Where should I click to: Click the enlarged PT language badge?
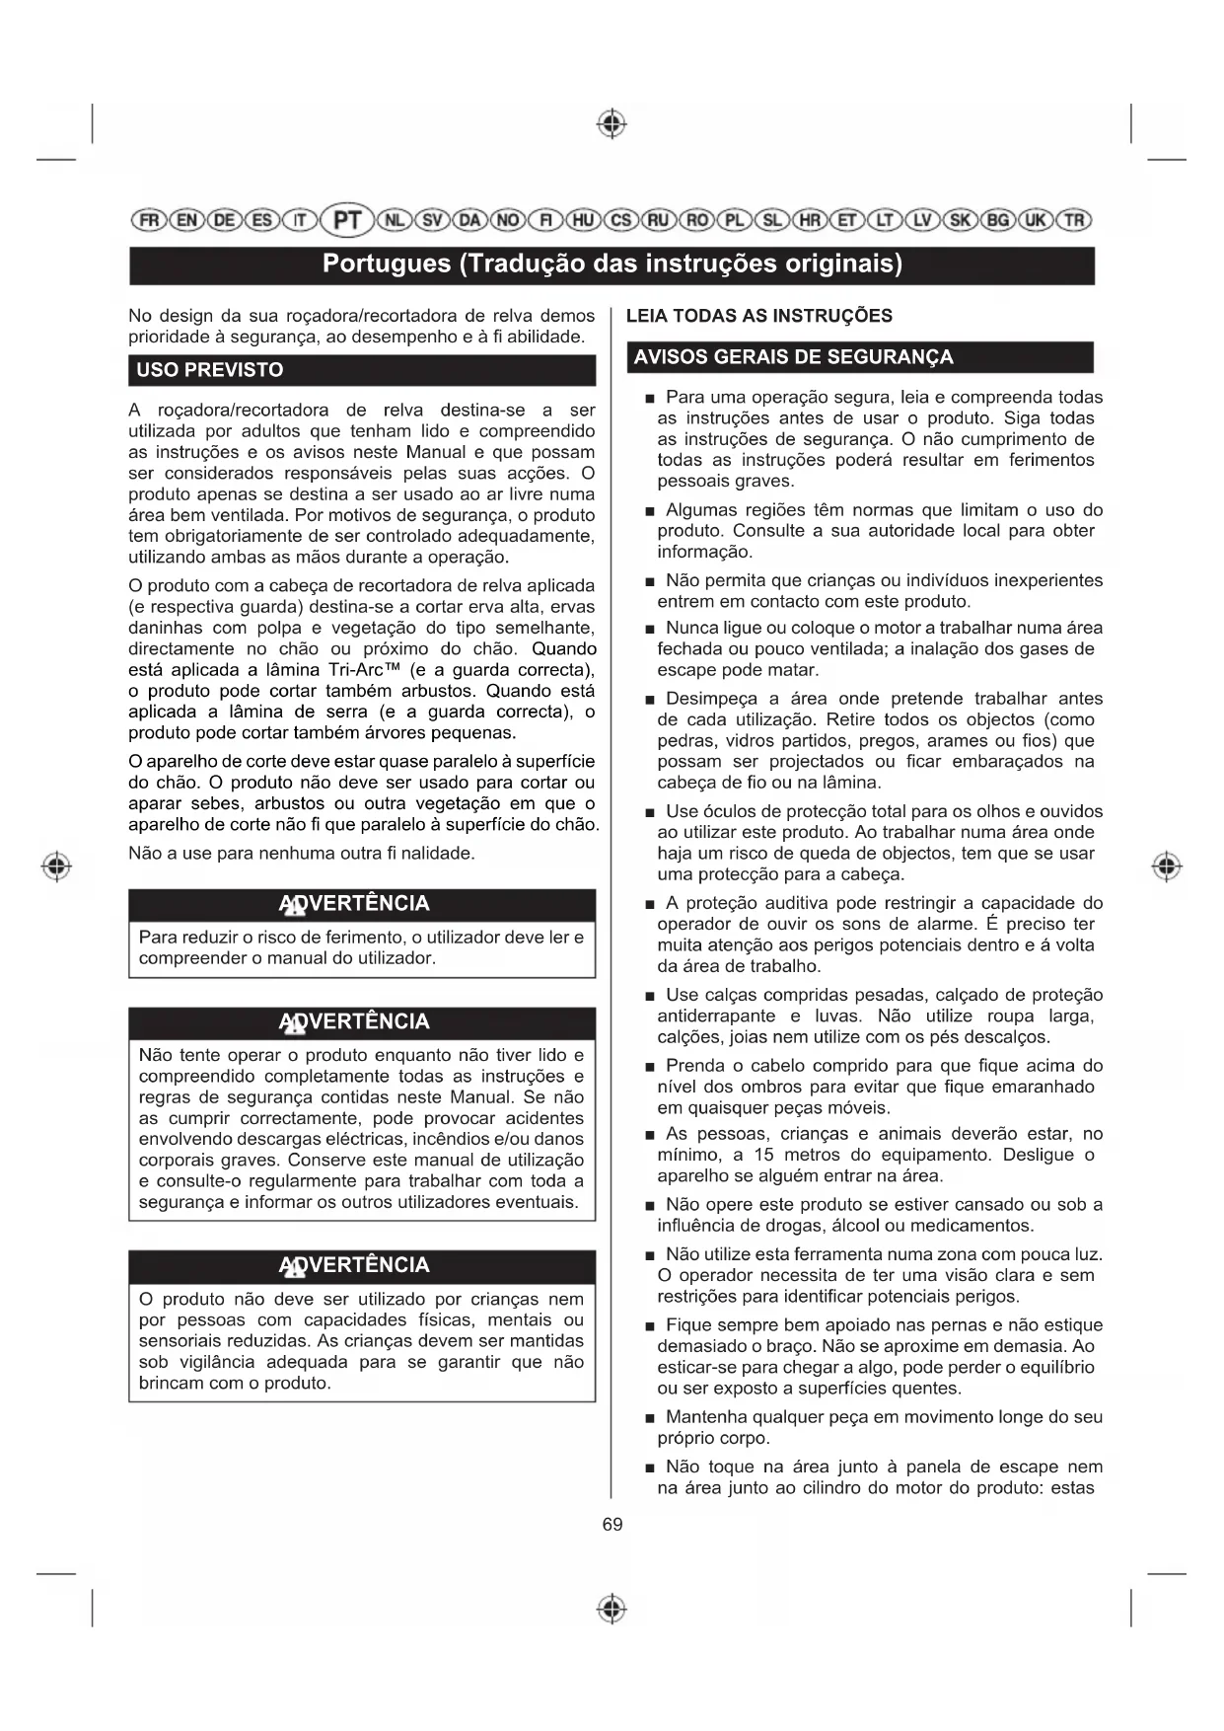pyautogui.click(x=347, y=219)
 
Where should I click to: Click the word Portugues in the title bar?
pyautogui.click(x=386, y=264)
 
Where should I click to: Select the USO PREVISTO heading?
pyautogui.click(x=209, y=370)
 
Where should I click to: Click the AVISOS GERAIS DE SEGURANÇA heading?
pyautogui.click(x=793, y=357)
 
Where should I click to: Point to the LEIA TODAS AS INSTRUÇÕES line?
pyautogui.click(x=758, y=316)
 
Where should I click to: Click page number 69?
pyautogui.click(x=612, y=1525)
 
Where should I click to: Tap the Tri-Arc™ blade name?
pyautogui.click(x=364, y=670)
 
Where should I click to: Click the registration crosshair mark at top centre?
pyautogui.click(x=612, y=124)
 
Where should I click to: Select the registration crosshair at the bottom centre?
pyautogui.click(x=612, y=1609)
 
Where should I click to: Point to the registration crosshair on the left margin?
pyautogui.click(x=57, y=866)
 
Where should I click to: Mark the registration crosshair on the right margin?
pyautogui.click(x=1167, y=866)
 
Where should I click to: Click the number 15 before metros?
pyautogui.click(x=763, y=1155)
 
